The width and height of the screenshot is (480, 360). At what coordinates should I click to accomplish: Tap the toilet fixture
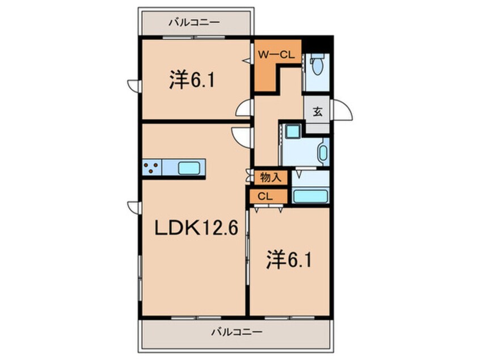(x=317, y=66)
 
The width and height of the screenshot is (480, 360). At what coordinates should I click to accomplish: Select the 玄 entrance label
(x=317, y=112)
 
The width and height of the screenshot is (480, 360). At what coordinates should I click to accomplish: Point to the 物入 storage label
(x=270, y=177)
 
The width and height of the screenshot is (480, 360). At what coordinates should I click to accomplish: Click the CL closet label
(x=264, y=196)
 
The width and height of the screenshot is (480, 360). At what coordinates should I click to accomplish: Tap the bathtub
(x=309, y=196)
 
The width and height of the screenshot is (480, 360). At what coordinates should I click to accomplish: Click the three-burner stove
(x=151, y=168)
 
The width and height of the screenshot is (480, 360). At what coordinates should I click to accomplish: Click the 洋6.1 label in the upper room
(x=191, y=81)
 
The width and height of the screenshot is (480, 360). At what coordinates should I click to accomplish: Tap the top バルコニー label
(x=193, y=23)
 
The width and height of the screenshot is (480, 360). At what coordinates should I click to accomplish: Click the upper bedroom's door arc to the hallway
(x=245, y=108)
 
